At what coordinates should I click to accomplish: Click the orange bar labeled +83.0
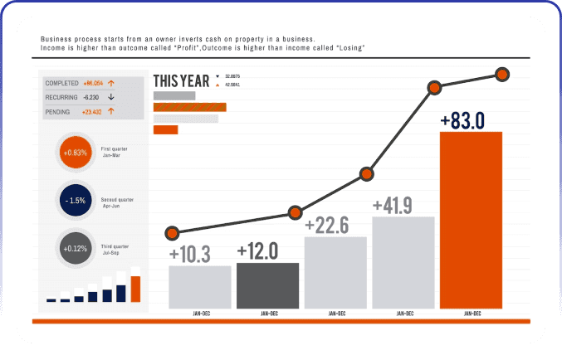click(471, 220)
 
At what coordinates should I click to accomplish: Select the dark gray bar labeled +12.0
click(267, 285)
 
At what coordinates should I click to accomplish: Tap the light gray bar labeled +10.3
click(199, 287)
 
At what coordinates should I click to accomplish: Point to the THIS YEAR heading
click(181, 81)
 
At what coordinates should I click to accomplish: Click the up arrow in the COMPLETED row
click(110, 83)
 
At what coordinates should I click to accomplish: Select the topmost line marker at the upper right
click(502, 75)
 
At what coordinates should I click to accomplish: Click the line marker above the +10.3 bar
click(173, 232)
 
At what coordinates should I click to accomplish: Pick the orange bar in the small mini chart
click(135, 289)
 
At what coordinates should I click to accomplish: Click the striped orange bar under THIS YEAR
click(190, 107)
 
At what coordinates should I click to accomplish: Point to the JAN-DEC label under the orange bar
click(472, 314)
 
